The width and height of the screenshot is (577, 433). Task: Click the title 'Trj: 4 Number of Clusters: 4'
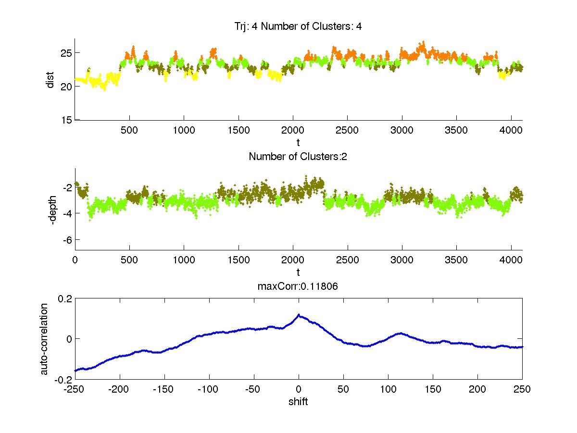pyautogui.click(x=298, y=26)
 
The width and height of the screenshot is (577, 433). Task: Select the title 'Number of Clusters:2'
pyautogui.click(x=298, y=156)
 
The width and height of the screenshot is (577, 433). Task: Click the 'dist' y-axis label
pyautogui.click(x=50, y=79)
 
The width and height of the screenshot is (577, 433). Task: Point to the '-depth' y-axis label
pyautogui.click(x=52, y=209)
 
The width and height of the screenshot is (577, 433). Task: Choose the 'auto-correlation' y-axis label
pyautogui.click(x=44, y=339)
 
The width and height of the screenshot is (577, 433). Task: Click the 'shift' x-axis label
pyautogui.click(x=298, y=401)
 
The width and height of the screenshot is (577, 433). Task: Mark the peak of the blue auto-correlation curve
pyautogui.click(x=299, y=315)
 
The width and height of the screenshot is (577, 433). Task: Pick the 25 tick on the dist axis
pyautogui.click(x=65, y=52)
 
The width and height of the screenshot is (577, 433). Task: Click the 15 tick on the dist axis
pyautogui.click(x=65, y=120)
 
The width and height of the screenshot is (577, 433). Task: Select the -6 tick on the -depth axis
pyautogui.click(x=65, y=239)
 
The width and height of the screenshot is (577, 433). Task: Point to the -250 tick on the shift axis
pyautogui.click(x=75, y=389)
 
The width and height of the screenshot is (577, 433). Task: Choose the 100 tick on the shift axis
pyautogui.click(x=388, y=389)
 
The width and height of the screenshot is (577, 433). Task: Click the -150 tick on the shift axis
pyautogui.click(x=164, y=389)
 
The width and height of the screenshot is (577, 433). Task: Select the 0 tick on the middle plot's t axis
pyautogui.click(x=75, y=260)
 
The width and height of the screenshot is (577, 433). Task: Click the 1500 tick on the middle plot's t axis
pyautogui.click(x=238, y=260)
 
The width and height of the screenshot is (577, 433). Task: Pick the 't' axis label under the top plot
pyautogui.click(x=298, y=142)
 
